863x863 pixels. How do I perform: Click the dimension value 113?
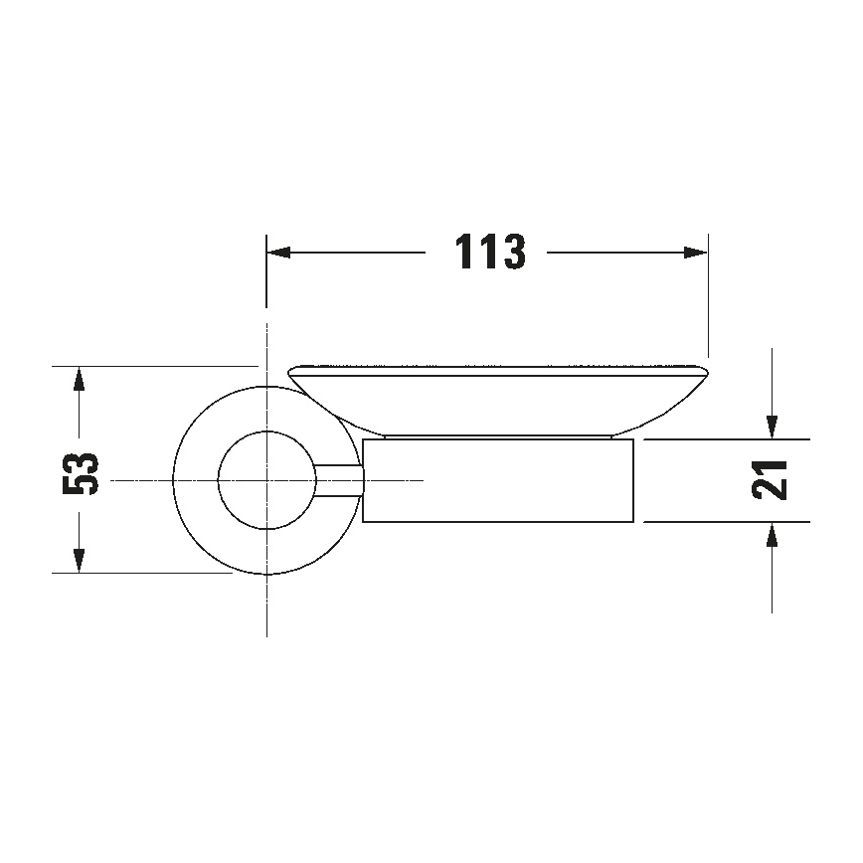click(x=489, y=253)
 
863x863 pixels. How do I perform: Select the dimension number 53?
click(x=81, y=471)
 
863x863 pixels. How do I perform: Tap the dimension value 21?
click(x=772, y=479)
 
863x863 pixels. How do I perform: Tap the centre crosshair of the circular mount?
click(x=266, y=480)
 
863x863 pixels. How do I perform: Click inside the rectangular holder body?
click(x=497, y=480)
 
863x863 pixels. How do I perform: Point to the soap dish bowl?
click(x=497, y=403)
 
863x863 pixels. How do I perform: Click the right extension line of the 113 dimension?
click(x=707, y=298)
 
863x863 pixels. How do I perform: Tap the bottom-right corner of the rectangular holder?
click(x=633, y=521)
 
